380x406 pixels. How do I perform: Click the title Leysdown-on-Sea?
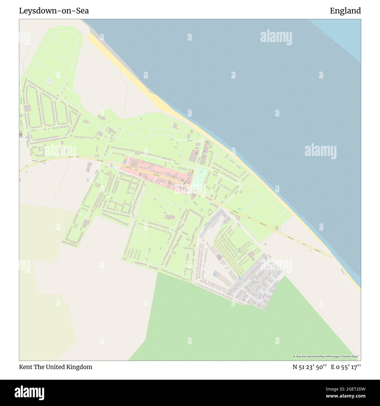54,11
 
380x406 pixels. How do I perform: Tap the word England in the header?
345,11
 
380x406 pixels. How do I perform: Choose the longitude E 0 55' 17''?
346,367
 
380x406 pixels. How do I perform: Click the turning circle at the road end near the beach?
281,229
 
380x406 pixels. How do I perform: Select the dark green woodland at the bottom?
234,330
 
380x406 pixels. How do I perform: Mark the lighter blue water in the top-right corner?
345,35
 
